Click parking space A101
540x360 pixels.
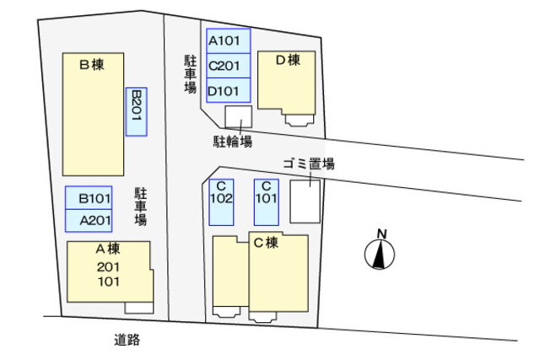[229, 41]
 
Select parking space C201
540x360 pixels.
[229, 66]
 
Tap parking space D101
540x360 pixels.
[229, 90]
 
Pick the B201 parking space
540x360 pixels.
[137, 112]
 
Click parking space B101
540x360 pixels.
[89, 198]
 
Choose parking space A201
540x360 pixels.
[89, 220]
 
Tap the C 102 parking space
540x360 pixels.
[221, 202]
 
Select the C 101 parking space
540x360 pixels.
[267, 202]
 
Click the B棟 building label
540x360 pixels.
[92, 64]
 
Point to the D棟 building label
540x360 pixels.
[289, 60]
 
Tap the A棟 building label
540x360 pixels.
[108, 249]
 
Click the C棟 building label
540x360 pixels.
[266, 243]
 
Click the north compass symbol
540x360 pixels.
[380, 250]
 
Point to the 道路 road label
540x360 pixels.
[127, 340]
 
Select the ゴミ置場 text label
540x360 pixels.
[309, 164]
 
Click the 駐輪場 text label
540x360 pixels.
[233, 141]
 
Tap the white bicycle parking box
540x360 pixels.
[238, 117]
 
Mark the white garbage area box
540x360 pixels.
[305, 201]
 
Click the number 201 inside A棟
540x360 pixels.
[108, 267]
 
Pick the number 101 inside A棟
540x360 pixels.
[109, 282]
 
